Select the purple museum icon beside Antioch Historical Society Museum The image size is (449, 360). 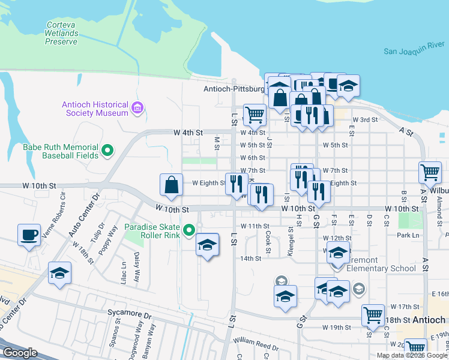point(137,108)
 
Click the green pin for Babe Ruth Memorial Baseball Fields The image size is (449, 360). point(107,150)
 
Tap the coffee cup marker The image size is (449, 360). point(29,235)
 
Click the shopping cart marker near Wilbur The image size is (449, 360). point(430,172)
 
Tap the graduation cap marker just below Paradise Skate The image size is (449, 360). point(207,245)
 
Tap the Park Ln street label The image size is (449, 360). point(408,235)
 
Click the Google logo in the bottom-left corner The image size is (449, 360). point(20,353)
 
